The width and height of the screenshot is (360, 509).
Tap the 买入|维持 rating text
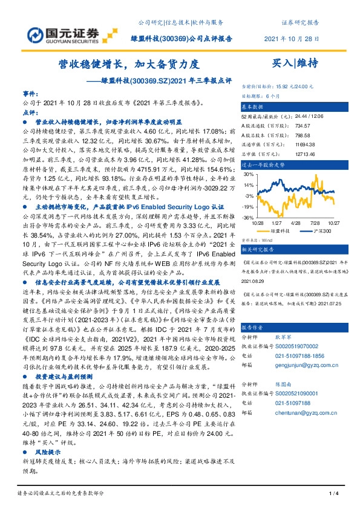click(293, 62)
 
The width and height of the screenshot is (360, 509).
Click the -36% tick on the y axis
click(249, 218)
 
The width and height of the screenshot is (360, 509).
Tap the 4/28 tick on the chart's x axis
click(297, 223)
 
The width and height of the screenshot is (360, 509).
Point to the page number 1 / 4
click(332, 494)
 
